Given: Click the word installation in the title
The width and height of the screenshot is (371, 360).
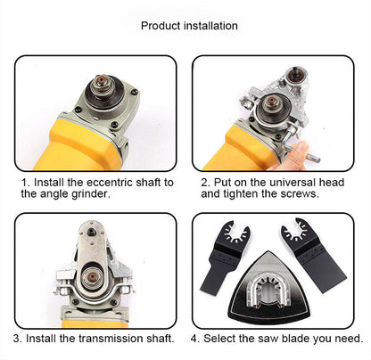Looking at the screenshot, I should (x=210, y=25).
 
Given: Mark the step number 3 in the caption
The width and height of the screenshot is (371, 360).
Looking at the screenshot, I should (x=16, y=339).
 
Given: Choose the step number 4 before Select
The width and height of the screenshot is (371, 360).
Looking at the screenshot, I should (x=194, y=339).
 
